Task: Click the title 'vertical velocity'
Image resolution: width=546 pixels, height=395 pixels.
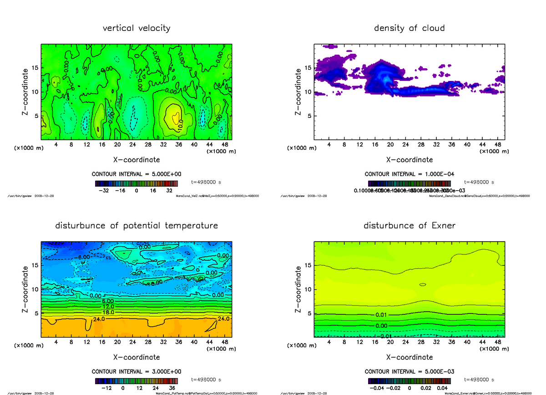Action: pos(136,28)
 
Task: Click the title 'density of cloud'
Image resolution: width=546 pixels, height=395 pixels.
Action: pos(409,28)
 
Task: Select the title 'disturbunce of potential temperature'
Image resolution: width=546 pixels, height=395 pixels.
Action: pos(136,226)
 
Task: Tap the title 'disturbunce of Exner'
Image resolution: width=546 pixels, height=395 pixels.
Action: pos(409,226)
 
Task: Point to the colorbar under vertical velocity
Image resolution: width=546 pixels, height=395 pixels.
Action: pos(136,184)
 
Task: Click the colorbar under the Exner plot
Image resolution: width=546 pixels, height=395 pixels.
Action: pos(409,381)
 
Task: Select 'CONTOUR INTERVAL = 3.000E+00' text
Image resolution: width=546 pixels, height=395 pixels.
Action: pos(136,371)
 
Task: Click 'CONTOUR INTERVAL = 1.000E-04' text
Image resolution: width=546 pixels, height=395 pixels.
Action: pos(409,174)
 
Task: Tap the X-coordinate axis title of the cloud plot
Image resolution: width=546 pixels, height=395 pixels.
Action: pos(409,160)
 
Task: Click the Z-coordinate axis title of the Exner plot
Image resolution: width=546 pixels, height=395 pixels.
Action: pos(298,289)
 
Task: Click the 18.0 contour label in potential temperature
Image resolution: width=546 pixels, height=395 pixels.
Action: pos(107,312)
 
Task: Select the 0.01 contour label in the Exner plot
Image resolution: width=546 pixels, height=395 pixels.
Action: pos(382,315)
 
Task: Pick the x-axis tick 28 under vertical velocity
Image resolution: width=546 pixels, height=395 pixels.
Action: pos(148,145)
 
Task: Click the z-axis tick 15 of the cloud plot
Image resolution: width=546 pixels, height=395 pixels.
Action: pos(308,68)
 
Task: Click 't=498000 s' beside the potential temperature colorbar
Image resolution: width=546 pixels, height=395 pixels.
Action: pos(207,380)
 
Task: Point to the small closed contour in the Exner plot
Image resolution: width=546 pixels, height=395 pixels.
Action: pos(423,285)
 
